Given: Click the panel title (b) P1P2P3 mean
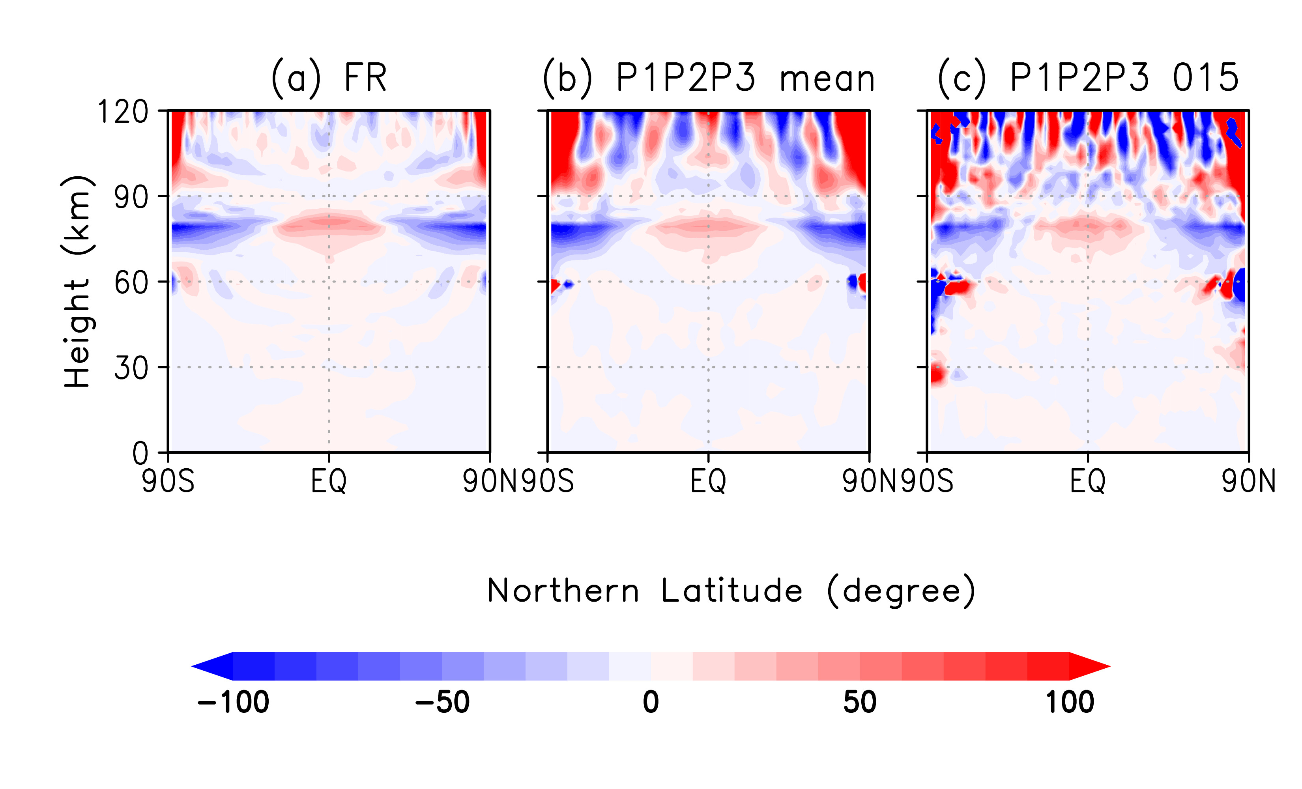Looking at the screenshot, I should pyautogui.click(x=709, y=78).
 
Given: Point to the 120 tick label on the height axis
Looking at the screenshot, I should pyautogui.click(x=123, y=112).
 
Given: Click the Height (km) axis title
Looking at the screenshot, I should pyautogui.click(x=77, y=282).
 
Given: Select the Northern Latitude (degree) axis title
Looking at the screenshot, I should pyautogui.click(x=731, y=591).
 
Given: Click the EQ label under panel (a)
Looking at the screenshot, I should pyautogui.click(x=329, y=481).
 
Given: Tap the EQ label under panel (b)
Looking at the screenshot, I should pyautogui.click(x=709, y=481).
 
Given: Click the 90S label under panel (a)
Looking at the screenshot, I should pyautogui.click(x=168, y=481).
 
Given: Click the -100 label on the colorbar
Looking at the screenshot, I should pyautogui.click(x=233, y=702).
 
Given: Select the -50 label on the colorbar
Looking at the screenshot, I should pyautogui.click(x=442, y=702).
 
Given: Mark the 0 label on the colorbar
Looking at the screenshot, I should pyautogui.click(x=651, y=702).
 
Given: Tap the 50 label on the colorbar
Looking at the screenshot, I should pyautogui.click(x=860, y=702).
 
